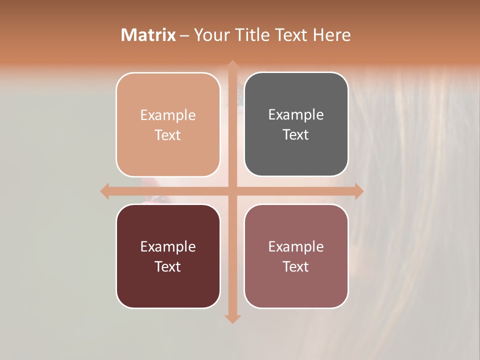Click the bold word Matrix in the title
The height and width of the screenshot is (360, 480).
(148, 35)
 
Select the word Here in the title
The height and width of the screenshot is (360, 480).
(331, 35)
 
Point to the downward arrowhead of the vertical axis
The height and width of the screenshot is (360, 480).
(232, 318)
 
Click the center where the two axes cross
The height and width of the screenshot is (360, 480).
(232, 191)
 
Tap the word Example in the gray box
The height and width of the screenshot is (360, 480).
(296, 115)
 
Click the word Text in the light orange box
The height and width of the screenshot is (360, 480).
(168, 135)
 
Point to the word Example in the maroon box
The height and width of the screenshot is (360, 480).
(168, 246)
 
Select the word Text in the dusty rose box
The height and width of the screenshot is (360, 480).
(296, 266)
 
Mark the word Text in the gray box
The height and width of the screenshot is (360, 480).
(296, 134)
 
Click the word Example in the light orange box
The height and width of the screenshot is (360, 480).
(168, 115)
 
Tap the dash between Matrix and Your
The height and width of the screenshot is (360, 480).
(184, 35)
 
